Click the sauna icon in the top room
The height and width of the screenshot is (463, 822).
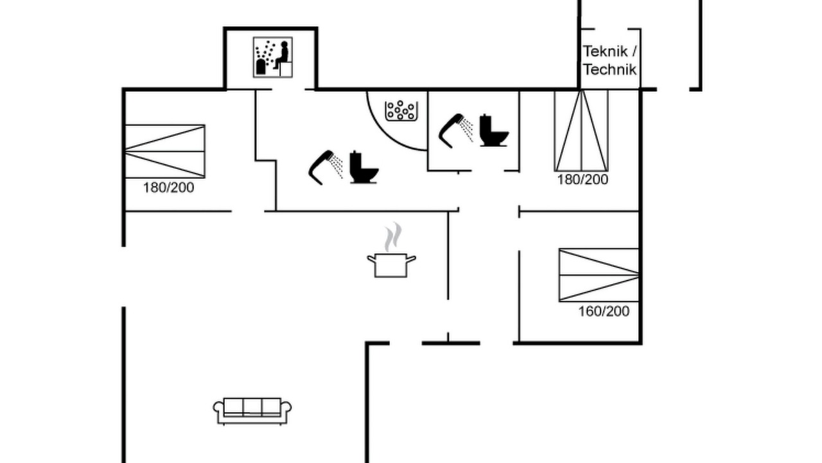[x=273, y=57]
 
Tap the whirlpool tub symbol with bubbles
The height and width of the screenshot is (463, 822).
[x=401, y=111]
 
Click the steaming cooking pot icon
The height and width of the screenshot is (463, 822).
[x=392, y=250]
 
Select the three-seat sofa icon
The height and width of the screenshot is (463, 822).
[x=252, y=411]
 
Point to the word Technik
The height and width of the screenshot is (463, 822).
[x=610, y=69]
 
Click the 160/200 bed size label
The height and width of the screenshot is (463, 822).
[x=604, y=311]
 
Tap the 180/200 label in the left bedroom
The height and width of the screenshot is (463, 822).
[x=168, y=188]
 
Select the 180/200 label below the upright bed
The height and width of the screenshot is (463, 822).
[x=582, y=179]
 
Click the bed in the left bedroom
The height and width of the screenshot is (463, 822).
[x=165, y=151]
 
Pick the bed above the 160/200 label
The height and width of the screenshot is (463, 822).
[x=599, y=275]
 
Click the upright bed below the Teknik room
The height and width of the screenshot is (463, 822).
[x=581, y=131]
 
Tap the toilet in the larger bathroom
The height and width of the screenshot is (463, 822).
[x=363, y=167]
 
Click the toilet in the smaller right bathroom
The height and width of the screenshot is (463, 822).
[x=494, y=131]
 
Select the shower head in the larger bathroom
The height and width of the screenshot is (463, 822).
[x=325, y=167]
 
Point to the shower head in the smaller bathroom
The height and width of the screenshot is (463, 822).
[x=455, y=131]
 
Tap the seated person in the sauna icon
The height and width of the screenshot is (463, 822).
[x=282, y=55]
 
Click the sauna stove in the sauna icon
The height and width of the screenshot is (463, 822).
[x=261, y=66]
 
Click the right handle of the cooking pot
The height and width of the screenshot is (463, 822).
[x=411, y=259]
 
